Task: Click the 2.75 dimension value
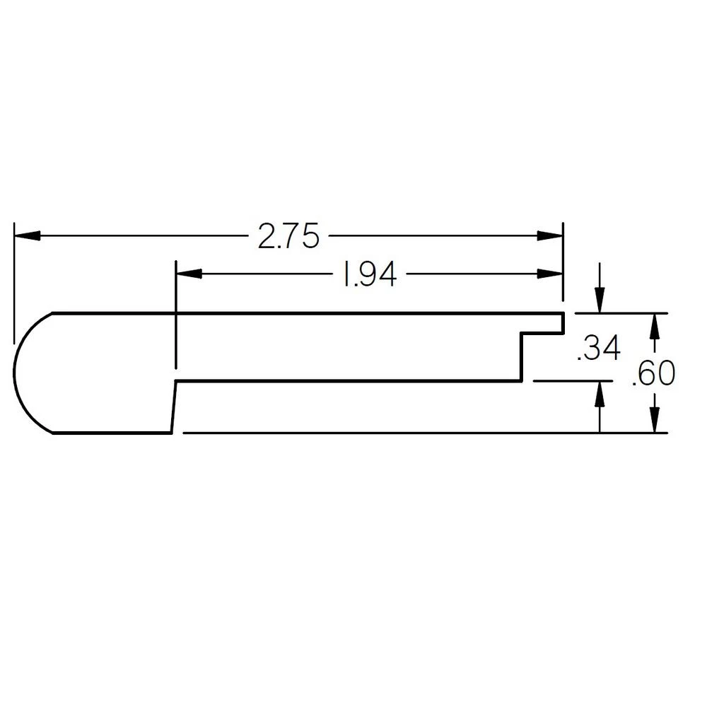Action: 288,237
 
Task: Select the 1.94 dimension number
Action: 368,276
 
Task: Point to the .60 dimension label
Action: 653,374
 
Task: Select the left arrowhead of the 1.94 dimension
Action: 188,274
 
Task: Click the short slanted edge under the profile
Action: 173,407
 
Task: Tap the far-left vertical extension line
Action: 13,283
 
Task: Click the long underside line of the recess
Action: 346,382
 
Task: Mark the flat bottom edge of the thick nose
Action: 113,433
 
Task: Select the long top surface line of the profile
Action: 304,312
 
